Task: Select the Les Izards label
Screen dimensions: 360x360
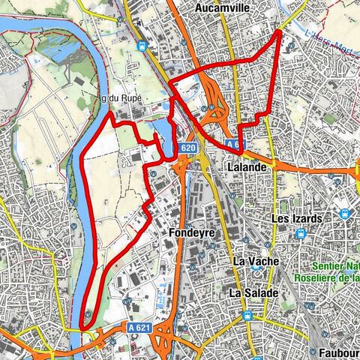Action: coord(297,218)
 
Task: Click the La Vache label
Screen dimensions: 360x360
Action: coord(256,261)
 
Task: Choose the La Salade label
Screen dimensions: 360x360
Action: coord(253,292)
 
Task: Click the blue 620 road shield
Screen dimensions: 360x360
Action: coord(188,149)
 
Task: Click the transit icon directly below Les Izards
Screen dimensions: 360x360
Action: coord(300,234)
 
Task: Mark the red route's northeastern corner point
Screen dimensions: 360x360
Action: coord(280,31)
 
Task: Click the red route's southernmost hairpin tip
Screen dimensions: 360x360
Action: coord(82,326)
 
